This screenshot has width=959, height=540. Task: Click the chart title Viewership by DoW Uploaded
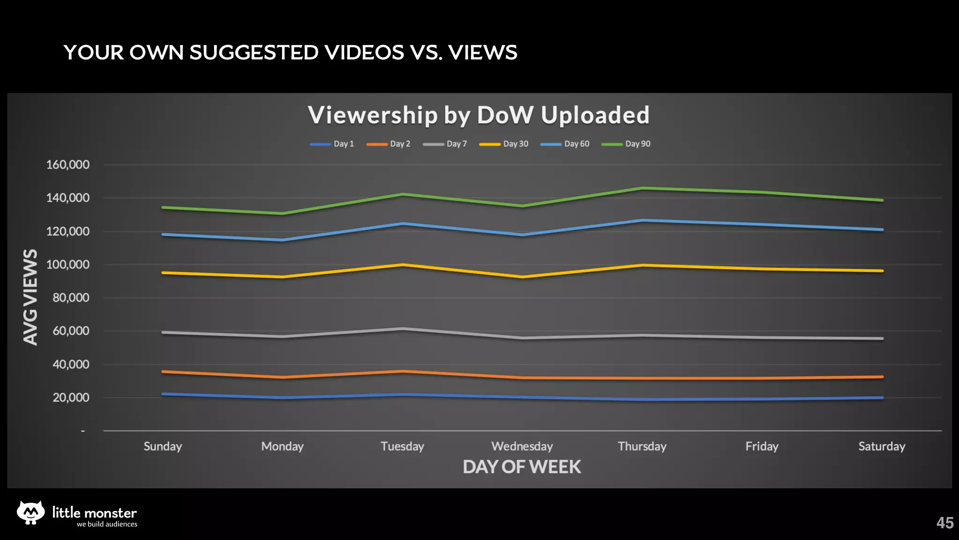479,115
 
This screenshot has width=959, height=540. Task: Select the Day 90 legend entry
626,144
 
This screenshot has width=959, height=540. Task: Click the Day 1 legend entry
332,144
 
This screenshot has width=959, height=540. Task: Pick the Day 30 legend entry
504,144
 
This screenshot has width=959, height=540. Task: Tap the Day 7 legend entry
445,144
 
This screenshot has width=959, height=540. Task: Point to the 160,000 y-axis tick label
68,165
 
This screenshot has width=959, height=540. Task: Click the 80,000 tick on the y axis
71,298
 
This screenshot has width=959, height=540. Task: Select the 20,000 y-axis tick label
71,397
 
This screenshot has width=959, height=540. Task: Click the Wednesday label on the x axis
522,446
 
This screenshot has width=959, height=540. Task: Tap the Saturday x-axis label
882,446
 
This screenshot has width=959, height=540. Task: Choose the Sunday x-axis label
162,446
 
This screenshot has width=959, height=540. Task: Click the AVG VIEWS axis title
30,297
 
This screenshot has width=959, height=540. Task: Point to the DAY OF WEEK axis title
522,467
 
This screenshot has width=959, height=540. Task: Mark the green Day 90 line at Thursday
642,188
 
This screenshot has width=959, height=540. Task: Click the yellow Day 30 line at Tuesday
402,265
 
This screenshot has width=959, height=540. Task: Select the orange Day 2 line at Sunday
163,372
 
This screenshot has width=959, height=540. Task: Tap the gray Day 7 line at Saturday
882,338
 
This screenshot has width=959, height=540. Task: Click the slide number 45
944,523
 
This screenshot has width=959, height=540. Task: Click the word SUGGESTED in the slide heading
254,52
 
